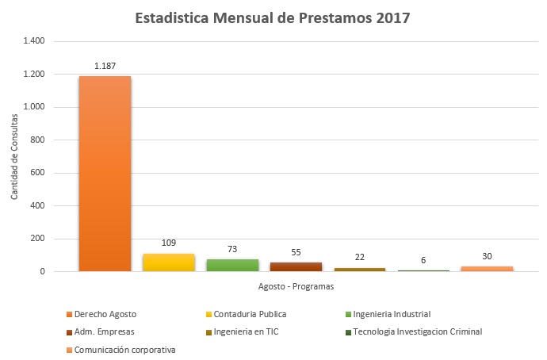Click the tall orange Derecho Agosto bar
click(x=105, y=174)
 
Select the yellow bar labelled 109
click(x=168, y=262)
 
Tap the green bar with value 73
click(x=231, y=266)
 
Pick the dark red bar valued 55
click(x=295, y=267)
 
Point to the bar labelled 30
click(x=487, y=269)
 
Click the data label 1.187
click(x=105, y=65)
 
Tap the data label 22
click(x=359, y=257)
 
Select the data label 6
click(x=423, y=259)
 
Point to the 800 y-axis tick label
click(x=39, y=140)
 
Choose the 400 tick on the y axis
click(x=39, y=205)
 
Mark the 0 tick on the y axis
click(x=43, y=271)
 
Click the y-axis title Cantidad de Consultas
click(x=15, y=156)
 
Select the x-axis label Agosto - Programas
click(x=296, y=286)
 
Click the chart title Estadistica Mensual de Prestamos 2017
click(x=273, y=17)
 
